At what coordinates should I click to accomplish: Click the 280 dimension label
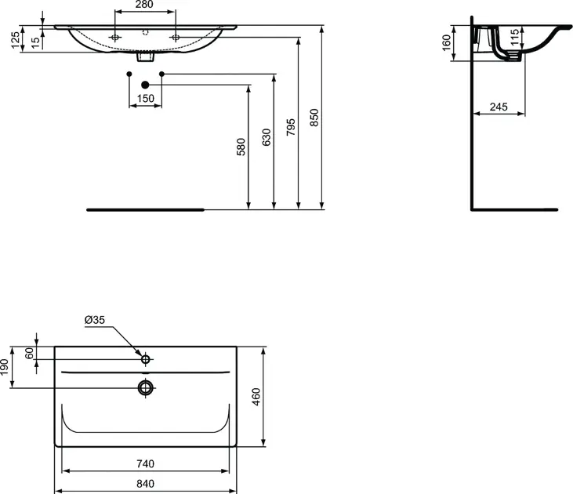coord(144,5)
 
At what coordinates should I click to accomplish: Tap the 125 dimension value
coord(16,40)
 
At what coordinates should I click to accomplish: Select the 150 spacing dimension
coord(146,98)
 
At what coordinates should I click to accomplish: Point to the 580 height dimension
coord(241,147)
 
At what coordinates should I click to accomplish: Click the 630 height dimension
coord(267,137)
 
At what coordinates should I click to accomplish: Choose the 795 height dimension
coord(291,127)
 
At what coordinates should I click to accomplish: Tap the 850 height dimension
coord(314,118)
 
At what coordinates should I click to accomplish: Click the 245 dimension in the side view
coord(499,107)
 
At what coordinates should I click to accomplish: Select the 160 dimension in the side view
coord(447,43)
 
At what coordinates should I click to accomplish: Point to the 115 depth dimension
coord(514,38)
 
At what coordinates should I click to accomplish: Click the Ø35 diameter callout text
coord(95,320)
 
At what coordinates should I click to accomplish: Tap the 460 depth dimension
coord(256,397)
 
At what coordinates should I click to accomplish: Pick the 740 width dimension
coord(146,463)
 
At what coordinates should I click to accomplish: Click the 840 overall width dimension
coord(146,484)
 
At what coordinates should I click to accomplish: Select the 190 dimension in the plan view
coord(4,367)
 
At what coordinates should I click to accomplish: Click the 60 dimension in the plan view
coord(29,353)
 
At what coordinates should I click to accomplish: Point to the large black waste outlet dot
coord(145,85)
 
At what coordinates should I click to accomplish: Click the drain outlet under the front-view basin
coord(146,57)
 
